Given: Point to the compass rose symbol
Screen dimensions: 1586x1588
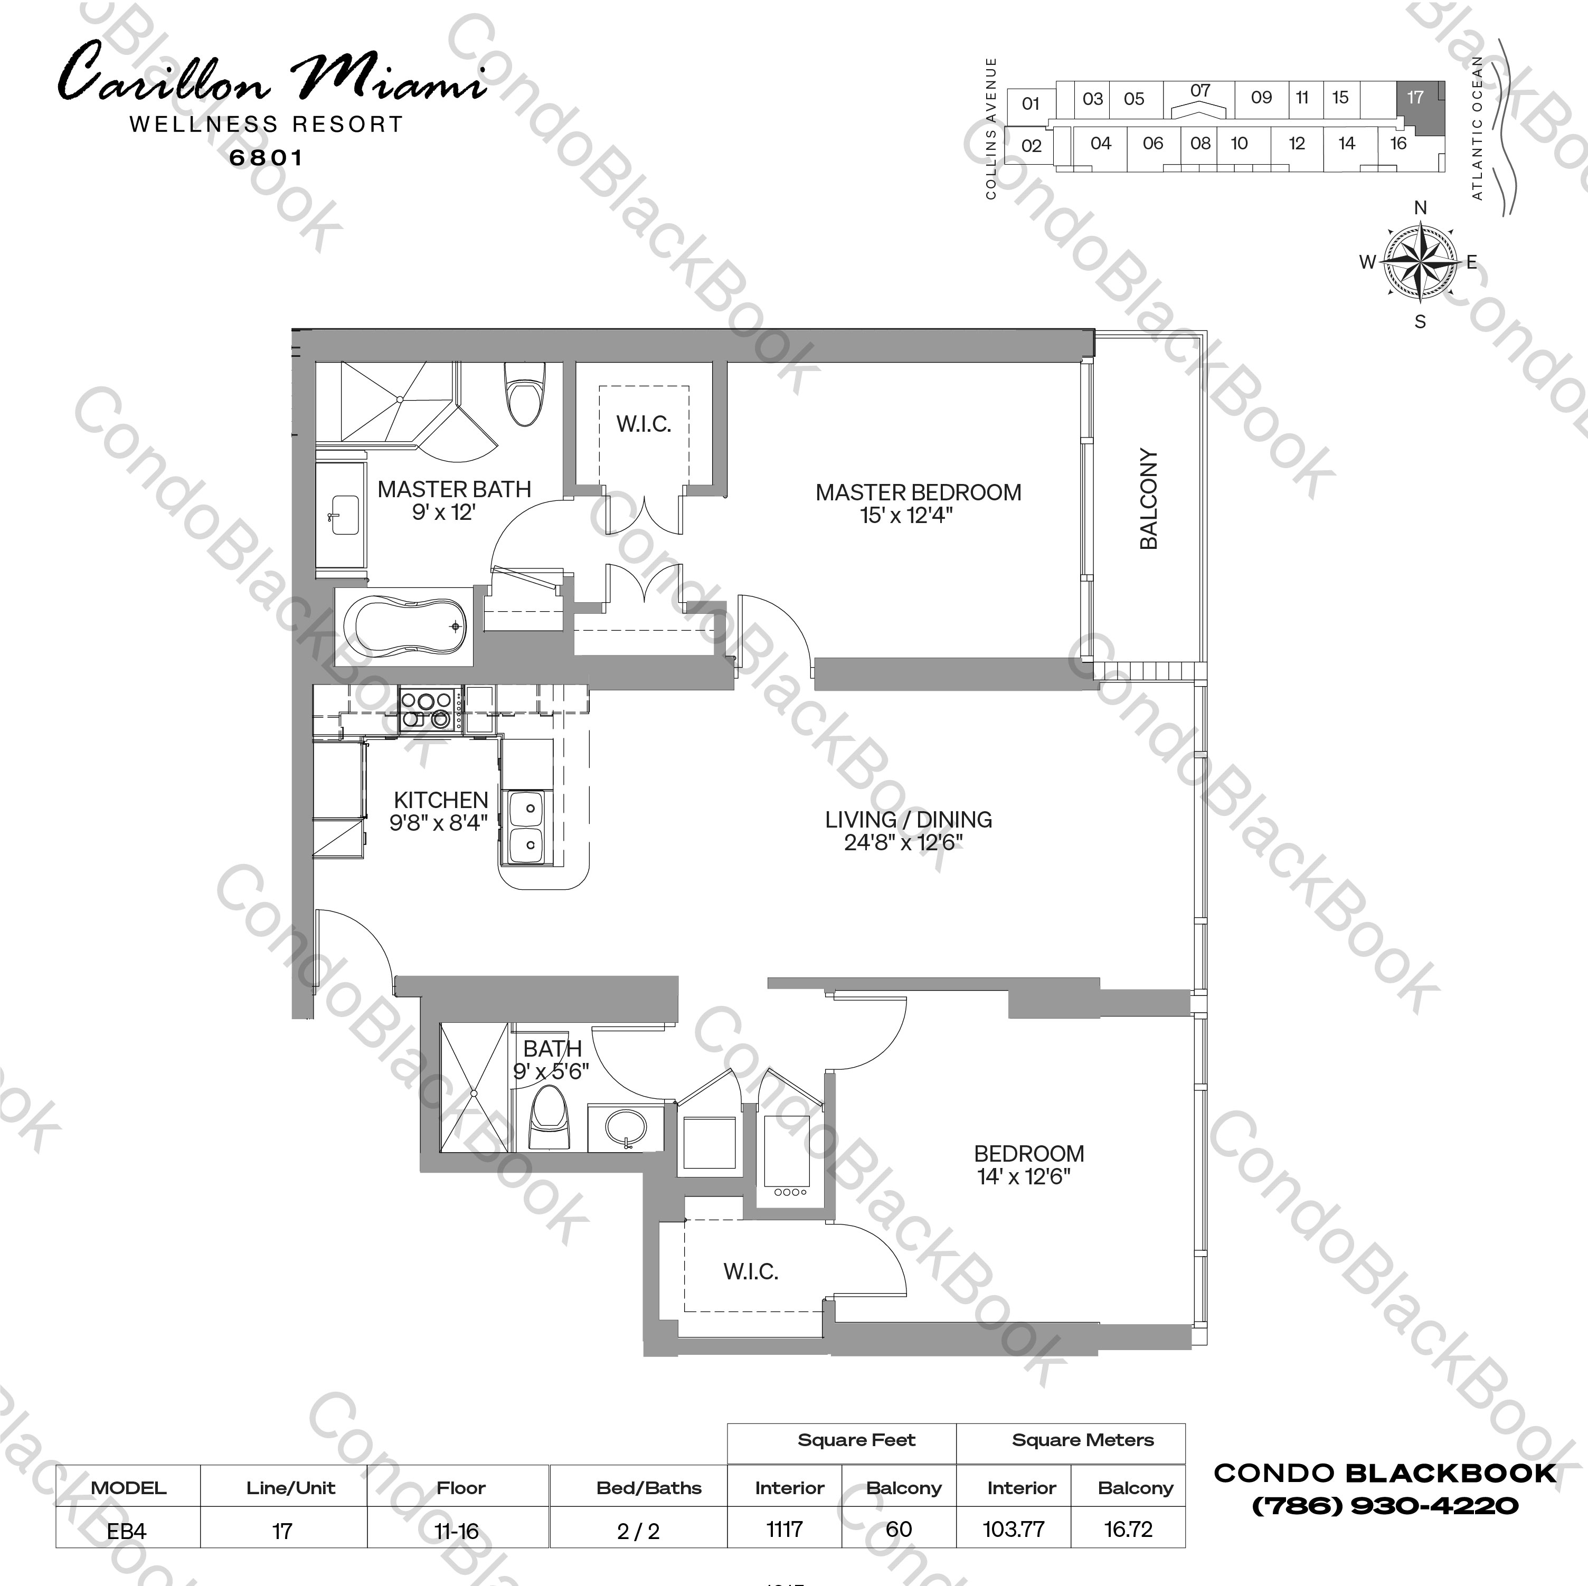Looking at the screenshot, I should pyautogui.click(x=1420, y=263).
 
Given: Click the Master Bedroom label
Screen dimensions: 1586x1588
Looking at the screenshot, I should pyautogui.click(x=918, y=492).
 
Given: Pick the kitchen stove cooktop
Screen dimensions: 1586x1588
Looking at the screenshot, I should pyautogui.click(x=426, y=709).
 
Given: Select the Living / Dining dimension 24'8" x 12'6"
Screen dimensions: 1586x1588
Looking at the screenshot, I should pyautogui.click(x=903, y=843).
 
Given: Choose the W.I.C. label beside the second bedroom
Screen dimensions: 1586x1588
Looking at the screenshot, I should pyautogui.click(x=750, y=1272).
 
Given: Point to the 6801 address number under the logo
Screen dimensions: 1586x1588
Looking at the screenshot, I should pyautogui.click(x=266, y=158).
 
